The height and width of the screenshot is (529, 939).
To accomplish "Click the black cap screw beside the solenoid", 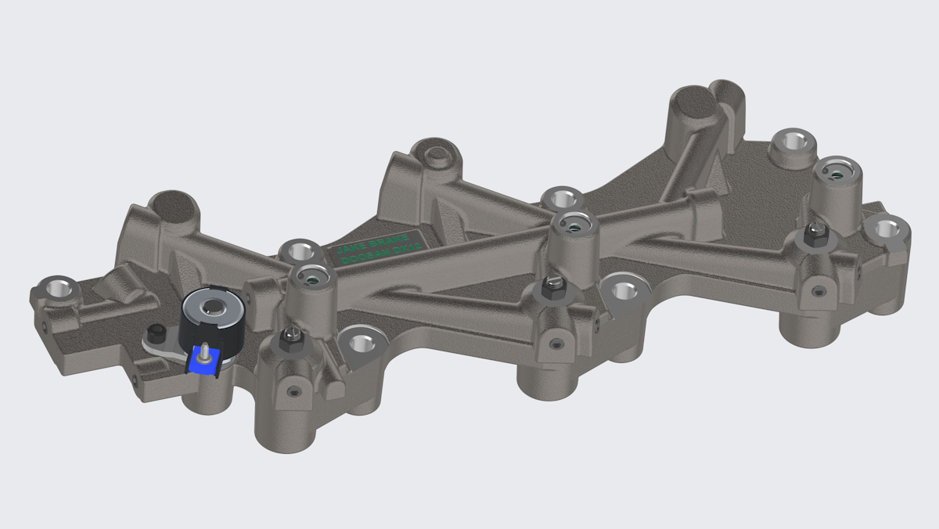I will click(156, 333).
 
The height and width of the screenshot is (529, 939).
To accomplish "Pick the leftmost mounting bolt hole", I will click(57, 287).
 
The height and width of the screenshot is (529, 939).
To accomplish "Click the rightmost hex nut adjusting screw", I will click(815, 234).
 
